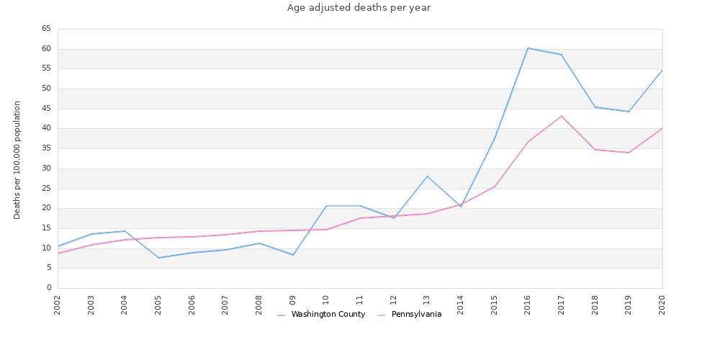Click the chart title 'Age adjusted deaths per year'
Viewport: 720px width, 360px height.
pos(359,8)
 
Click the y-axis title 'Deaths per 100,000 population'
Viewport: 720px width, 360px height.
pos(17,159)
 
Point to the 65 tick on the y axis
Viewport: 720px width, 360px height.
pos(46,29)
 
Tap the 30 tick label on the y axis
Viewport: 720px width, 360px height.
pos(46,168)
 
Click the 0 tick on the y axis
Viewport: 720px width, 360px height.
pos(49,288)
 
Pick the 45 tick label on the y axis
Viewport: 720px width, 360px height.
pos(46,109)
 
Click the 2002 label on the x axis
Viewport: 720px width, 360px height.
pos(58,305)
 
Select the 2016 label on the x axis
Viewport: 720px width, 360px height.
pos(528,305)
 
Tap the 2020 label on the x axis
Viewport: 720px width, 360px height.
pos(662,305)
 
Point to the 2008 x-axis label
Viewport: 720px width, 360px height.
pos(259,305)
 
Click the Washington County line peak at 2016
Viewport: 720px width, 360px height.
pos(528,48)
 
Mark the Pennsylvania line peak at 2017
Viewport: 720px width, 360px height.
pos(562,116)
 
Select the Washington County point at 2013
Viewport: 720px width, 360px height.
pos(427,176)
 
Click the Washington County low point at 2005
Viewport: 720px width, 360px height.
pos(158,258)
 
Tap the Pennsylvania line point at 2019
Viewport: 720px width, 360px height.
pos(629,153)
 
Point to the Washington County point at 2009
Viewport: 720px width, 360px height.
pos(293,255)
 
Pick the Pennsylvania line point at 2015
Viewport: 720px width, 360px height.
pos(495,186)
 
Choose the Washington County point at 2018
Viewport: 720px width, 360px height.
pos(595,107)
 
